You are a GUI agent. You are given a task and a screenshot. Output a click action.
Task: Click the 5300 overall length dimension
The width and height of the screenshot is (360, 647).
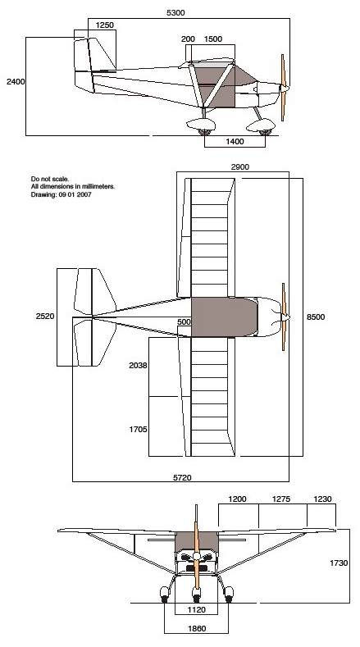pyautogui.click(x=175, y=13)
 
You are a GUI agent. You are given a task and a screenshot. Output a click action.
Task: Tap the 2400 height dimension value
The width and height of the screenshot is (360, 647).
pyautogui.click(x=16, y=82)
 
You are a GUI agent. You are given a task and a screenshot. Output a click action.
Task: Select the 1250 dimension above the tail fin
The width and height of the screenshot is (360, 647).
pyautogui.click(x=104, y=25)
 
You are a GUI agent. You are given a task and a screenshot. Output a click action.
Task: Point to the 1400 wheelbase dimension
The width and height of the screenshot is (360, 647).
pyautogui.click(x=235, y=142)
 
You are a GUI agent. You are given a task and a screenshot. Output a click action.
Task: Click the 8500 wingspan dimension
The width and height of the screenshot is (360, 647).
pyautogui.click(x=316, y=317)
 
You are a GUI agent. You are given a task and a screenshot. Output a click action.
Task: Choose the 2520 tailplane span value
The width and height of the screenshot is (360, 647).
pyautogui.click(x=45, y=317)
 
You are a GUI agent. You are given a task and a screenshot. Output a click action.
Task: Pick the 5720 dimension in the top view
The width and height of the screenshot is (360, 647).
pyautogui.click(x=182, y=478)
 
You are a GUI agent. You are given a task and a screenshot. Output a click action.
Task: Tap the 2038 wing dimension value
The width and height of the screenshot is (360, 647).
pyautogui.click(x=138, y=365)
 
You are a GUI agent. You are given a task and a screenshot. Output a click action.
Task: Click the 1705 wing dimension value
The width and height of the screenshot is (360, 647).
pyautogui.click(x=138, y=430)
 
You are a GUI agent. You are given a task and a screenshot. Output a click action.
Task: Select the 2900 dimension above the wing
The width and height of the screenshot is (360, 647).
pyautogui.click(x=239, y=167)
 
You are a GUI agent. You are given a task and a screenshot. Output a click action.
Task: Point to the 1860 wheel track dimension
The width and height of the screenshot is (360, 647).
pyautogui.click(x=197, y=629)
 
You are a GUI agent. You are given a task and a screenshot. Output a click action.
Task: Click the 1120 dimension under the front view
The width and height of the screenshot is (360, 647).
pyautogui.click(x=197, y=609)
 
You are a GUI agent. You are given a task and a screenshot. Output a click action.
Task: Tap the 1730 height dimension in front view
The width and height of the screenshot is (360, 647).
pyautogui.click(x=339, y=563)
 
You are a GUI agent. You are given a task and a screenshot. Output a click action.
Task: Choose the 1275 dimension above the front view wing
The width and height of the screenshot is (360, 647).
pyautogui.click(x=281, y=499)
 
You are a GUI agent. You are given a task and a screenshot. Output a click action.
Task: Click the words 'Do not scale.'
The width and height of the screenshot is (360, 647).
pyautogui.click(x=50, y=179)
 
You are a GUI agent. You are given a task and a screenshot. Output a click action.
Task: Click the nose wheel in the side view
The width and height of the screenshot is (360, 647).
pyautogui.click(x=265, y=132)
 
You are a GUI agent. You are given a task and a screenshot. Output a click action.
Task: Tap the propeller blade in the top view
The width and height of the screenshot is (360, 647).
pyautogui.click(x=284, y=317)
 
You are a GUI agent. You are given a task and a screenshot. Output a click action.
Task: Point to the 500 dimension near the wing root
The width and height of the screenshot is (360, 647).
pyautogui.click(x=185, y=321)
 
